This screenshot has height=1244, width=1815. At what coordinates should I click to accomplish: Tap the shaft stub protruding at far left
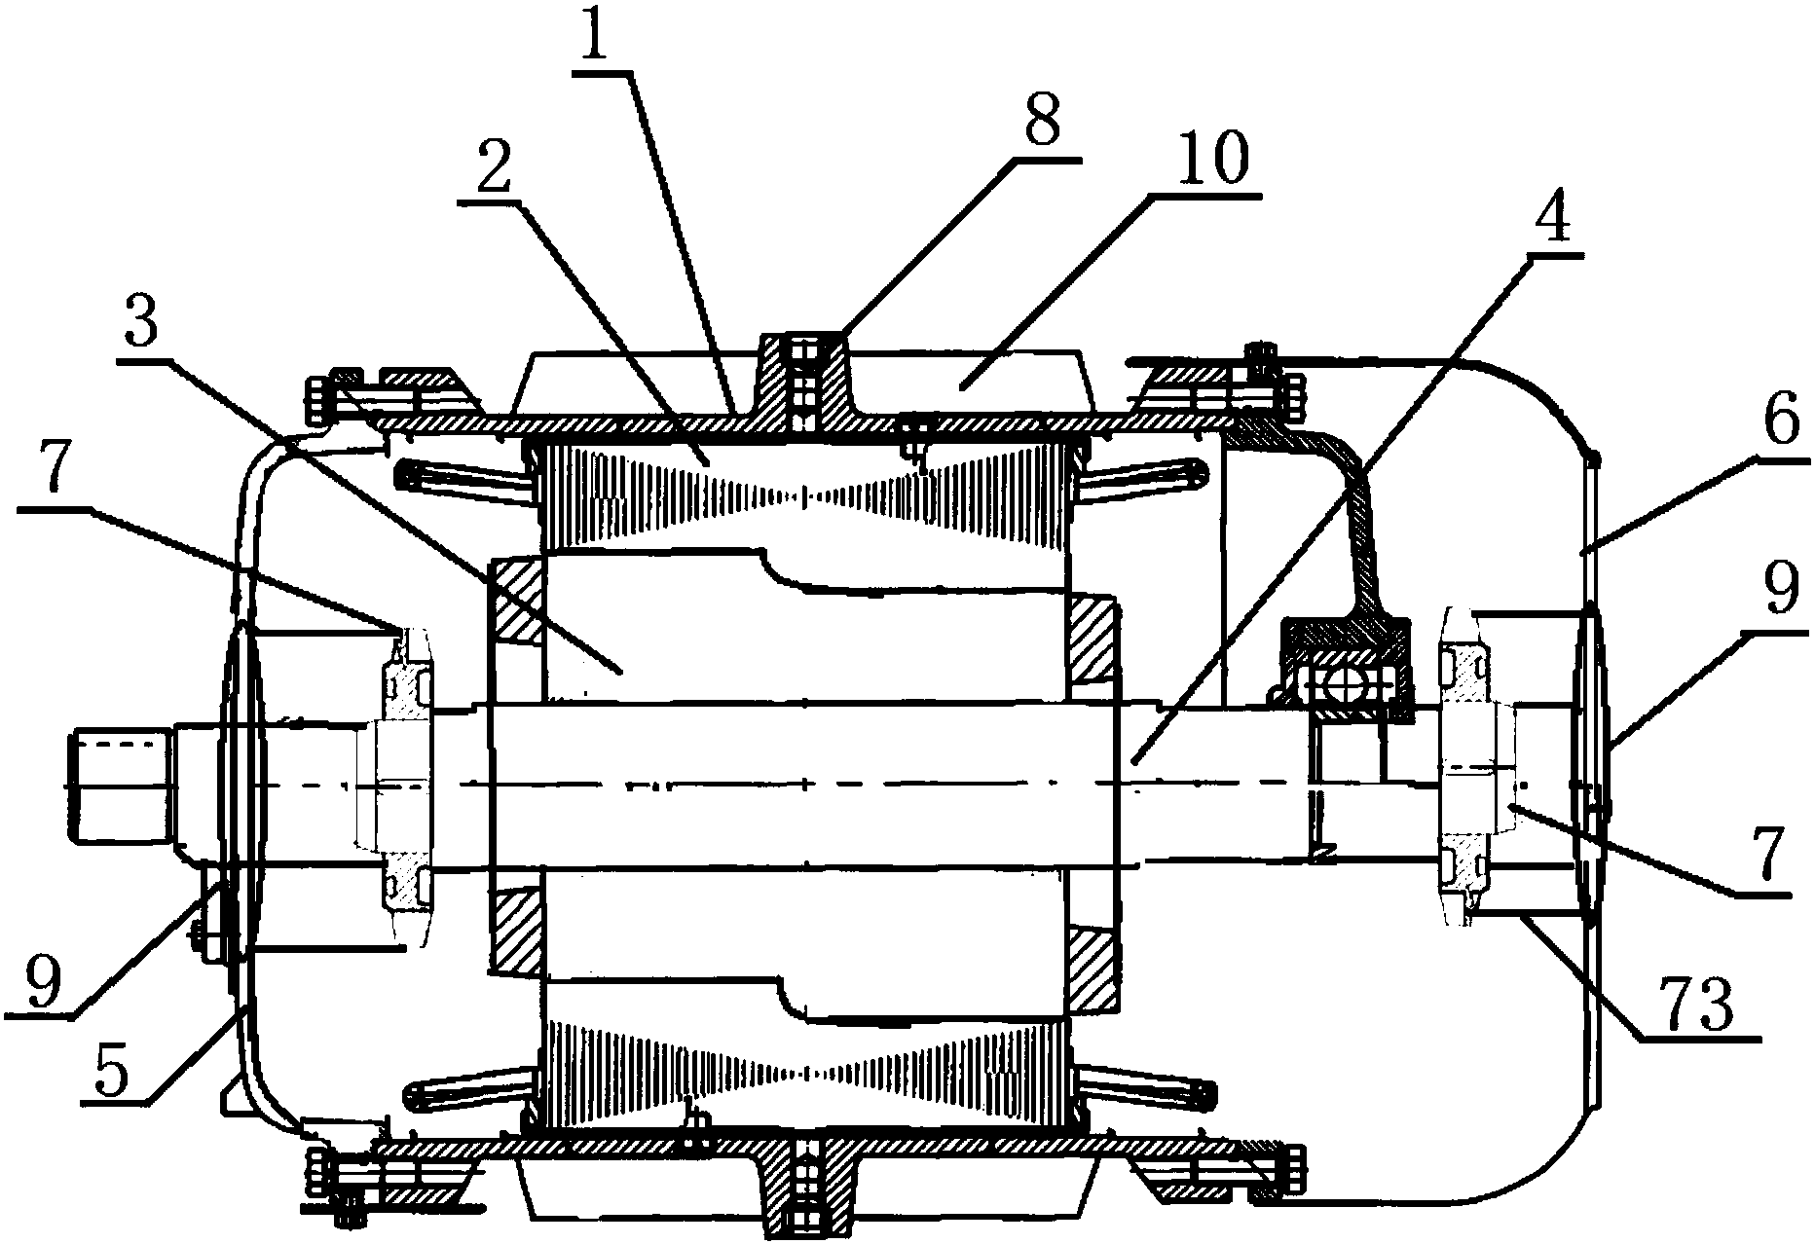(120, 787)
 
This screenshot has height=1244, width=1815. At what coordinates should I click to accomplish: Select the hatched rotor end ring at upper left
(516, 600)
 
